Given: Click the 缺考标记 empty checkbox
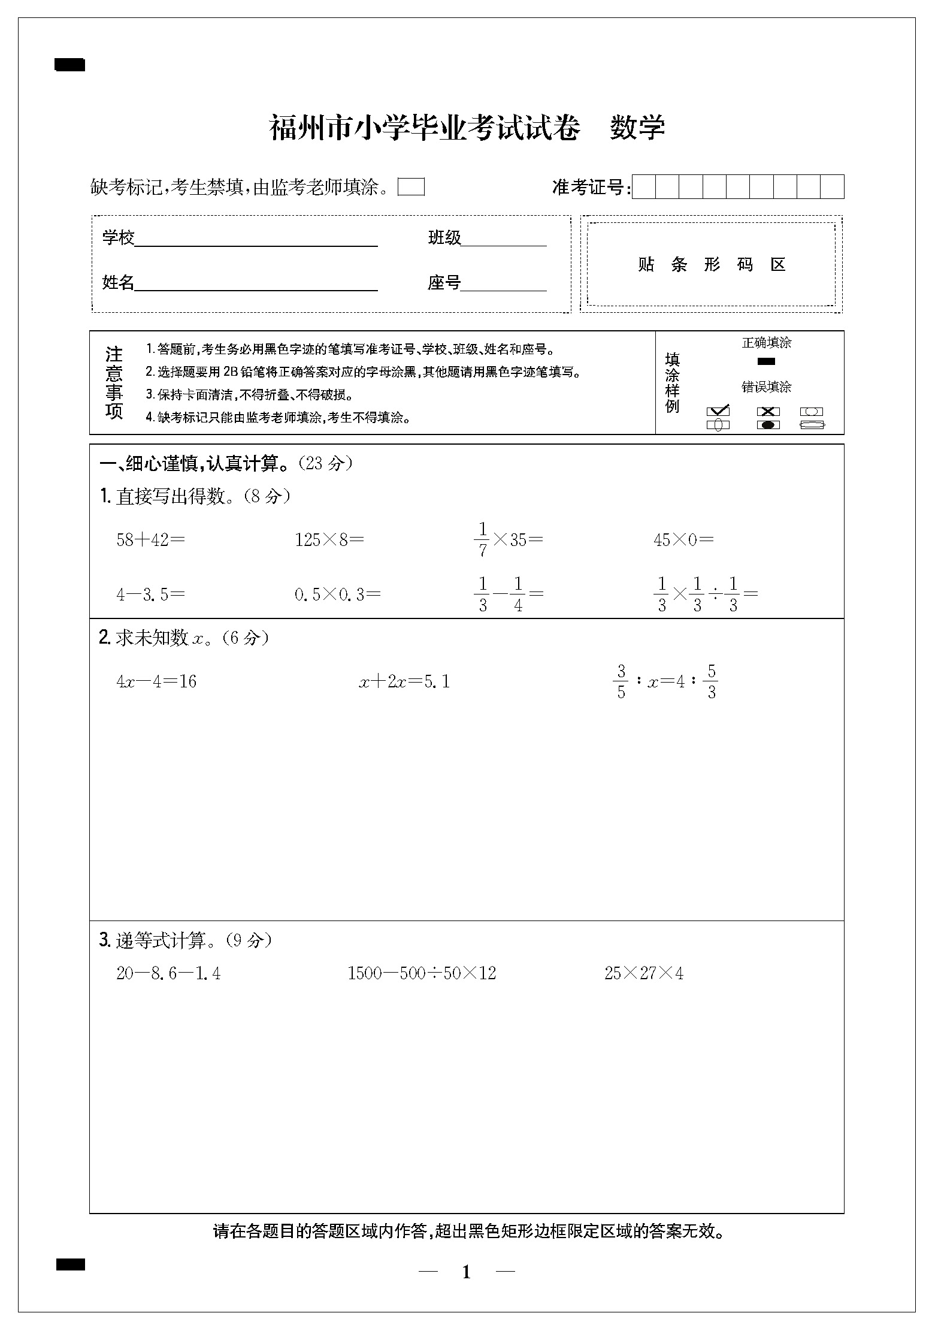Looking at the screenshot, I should point(411,187).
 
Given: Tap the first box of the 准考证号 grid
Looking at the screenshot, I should point(644,187).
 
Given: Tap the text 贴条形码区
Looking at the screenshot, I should point(711,264).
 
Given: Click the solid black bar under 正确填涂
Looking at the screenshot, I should point(766,361).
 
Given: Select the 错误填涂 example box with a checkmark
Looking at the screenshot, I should point(718,412).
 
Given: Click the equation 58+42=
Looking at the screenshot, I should point(150,540).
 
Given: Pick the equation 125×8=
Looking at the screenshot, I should point(329,540).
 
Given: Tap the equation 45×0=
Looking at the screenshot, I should point(683,540).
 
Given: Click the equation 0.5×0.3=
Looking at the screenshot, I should point(337,594).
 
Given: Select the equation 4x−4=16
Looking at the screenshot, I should point(156,681).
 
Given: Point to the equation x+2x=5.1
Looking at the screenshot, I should point(404,681).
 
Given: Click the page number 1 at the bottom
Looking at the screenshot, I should point(467,1272).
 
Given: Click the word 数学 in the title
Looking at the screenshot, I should point(637,128).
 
